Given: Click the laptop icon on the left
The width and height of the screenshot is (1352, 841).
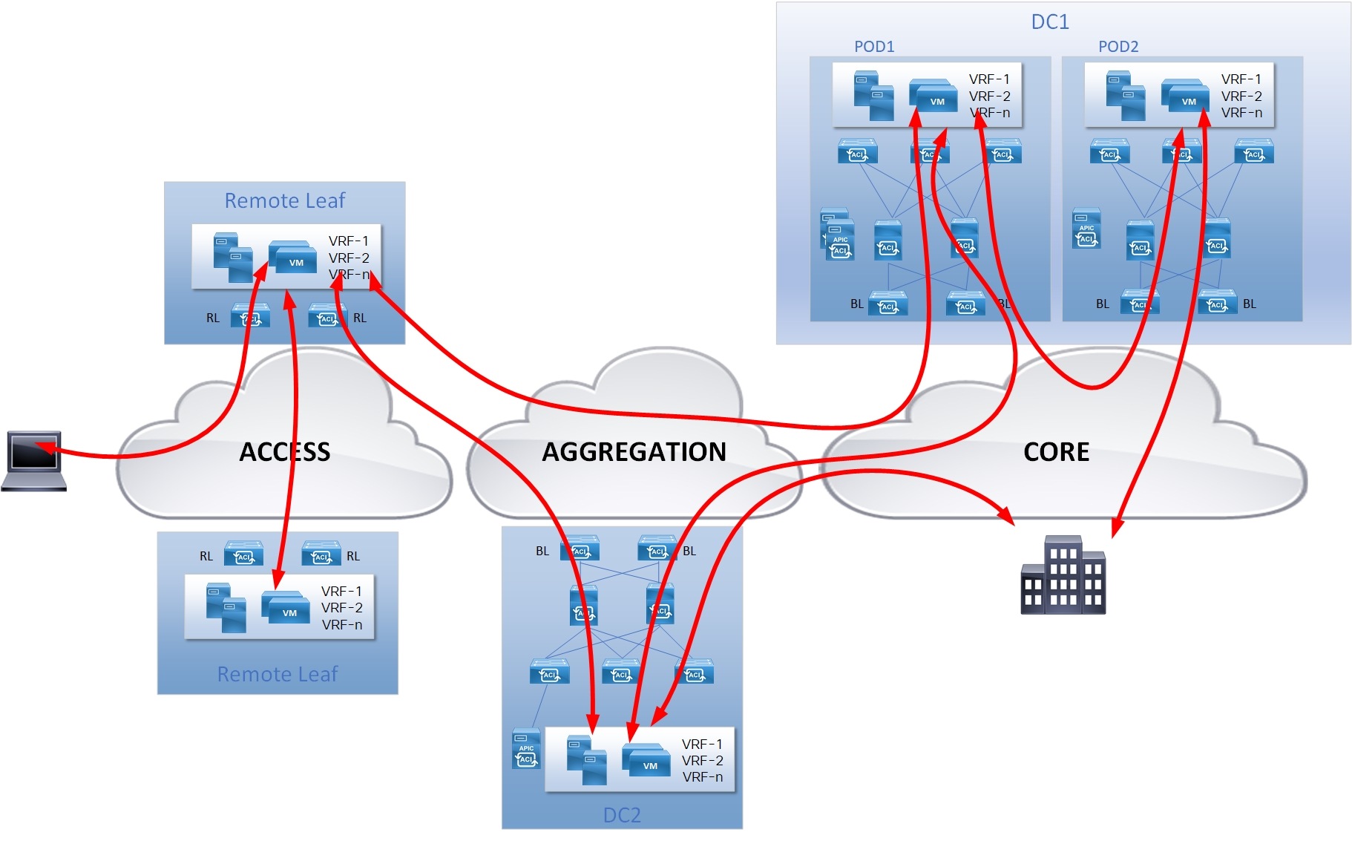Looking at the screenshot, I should click(34, 460).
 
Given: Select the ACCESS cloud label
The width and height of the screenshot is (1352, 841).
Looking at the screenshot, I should click(284, 452).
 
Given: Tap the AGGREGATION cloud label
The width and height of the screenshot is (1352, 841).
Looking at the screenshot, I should click(634, 452).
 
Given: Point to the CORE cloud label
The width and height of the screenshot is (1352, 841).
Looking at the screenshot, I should click(1056, 452).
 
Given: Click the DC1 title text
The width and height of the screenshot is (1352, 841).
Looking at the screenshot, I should click(1050, 22).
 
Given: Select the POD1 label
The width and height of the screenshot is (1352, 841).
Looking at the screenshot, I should click(874, 47).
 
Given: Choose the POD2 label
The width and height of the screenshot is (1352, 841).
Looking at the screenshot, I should click(1118, 47).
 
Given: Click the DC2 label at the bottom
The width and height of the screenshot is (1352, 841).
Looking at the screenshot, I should click(622, 815).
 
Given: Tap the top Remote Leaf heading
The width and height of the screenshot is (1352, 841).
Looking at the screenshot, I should click(285, 201).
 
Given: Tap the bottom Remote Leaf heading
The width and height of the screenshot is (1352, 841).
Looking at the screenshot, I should click(278, 674).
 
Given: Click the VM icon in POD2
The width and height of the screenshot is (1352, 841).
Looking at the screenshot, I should click(1185, 96).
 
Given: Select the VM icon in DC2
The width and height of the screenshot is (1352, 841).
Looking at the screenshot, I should click(646, 761).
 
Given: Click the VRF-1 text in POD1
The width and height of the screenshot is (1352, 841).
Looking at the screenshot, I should click(989, 79).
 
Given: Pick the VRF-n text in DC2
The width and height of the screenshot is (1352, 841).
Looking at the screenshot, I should click(702, 777).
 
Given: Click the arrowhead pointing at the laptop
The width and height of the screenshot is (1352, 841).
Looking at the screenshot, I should click(43, 447).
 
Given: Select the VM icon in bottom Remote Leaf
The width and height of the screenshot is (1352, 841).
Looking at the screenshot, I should click(286, 607).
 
